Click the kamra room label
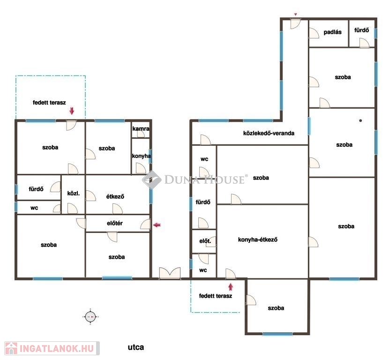click(x=141, y=128)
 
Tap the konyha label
click(x=141, y=156)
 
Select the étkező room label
click(x=115, y=196)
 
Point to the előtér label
click(x=115, y=223)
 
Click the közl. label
click(x=74, y=193)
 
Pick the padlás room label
click(x=332, y=32)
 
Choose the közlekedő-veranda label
click(x=269, y=133)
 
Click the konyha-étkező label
click(x=257, y=240)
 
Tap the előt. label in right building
click(x=205, y=241)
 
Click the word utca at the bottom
click(x=136, y=347)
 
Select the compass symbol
click(x=90, y=316)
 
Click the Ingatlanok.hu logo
click(x=52, y=348)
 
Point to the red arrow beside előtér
click(x=157, y=225)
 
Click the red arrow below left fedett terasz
click(x=72, y=111)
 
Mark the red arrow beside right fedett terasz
click(x=231, y=287)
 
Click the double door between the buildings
click(x=170, y=273)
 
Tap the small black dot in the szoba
click(x=360, y=120)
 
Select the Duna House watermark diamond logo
click(x=151, y=180)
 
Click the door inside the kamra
click(x=141, y=134)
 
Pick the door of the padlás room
click(x=314, y=33)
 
